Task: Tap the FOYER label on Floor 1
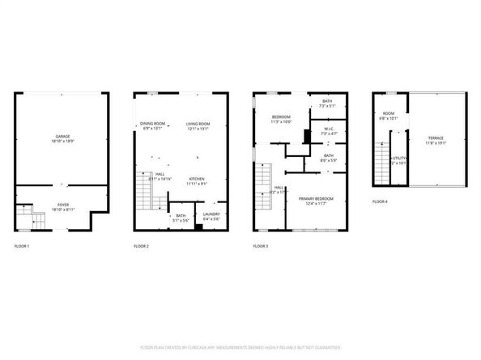(62, 205)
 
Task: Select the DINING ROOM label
(152, 123)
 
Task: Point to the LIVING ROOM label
(198, 123)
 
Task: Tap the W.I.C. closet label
(329, 129)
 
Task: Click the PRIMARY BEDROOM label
(316, 198)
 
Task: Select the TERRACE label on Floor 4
(436, 138)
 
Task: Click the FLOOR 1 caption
(22, 245)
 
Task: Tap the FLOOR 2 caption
(141, 245)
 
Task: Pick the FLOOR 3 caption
(260, 245)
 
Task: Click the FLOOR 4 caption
(380, 201)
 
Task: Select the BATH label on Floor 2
(181, 215)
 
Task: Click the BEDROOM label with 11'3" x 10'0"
(281, 118)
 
